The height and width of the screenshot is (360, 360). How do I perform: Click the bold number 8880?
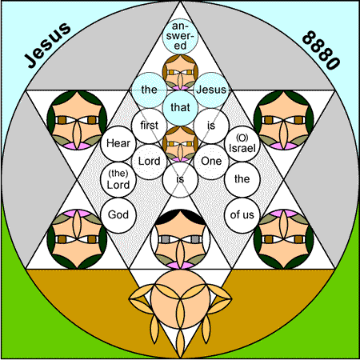[x=321, y=50]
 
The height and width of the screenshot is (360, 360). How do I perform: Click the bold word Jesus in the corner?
[x=48, y=45]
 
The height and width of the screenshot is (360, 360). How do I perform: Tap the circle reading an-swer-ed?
[x=180, y=36]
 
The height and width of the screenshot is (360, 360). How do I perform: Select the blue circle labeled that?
[x=180, y=108]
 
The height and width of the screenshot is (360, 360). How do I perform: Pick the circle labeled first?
[x=150, y=126]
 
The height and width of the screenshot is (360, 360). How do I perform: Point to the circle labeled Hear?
[x=118, y=143]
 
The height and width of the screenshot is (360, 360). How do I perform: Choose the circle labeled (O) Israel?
[x=242, y=143]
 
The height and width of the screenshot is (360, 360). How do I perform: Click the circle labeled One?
[x=211, y=162]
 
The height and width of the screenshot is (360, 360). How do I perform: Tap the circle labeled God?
[x=118, y=215]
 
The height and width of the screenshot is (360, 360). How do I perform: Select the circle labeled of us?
[x=242, y=215]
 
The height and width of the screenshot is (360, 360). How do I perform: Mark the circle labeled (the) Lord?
[x=118, y=179]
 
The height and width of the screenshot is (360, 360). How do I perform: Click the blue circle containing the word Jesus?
[x=211, y=90]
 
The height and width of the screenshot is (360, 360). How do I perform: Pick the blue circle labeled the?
[x=150, y=90]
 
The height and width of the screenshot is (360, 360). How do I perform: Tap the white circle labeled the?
[x=242, y=179]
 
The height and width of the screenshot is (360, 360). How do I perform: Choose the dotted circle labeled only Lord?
[x=150, y=162]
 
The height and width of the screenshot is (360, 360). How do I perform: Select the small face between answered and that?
[x=180, y=72]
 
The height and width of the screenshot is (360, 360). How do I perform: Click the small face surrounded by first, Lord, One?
[x=180, y=143]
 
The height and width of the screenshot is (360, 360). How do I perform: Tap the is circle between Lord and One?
[x=180, y=179]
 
